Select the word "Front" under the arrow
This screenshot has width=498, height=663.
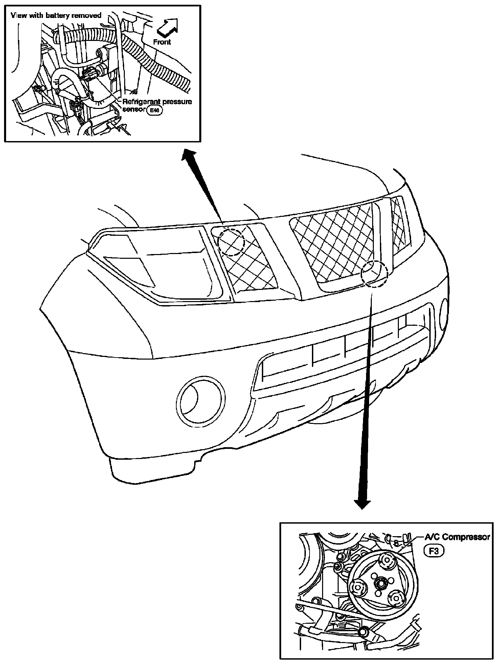pos(162,42)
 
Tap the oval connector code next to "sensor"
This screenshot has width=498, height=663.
pos(155,110)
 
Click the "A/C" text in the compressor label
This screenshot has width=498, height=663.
pos(432,537)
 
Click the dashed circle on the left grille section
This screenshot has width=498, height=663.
pos(231,242)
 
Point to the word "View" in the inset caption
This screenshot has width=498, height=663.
pos(18,16)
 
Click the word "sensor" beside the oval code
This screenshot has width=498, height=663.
pos(134,110)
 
